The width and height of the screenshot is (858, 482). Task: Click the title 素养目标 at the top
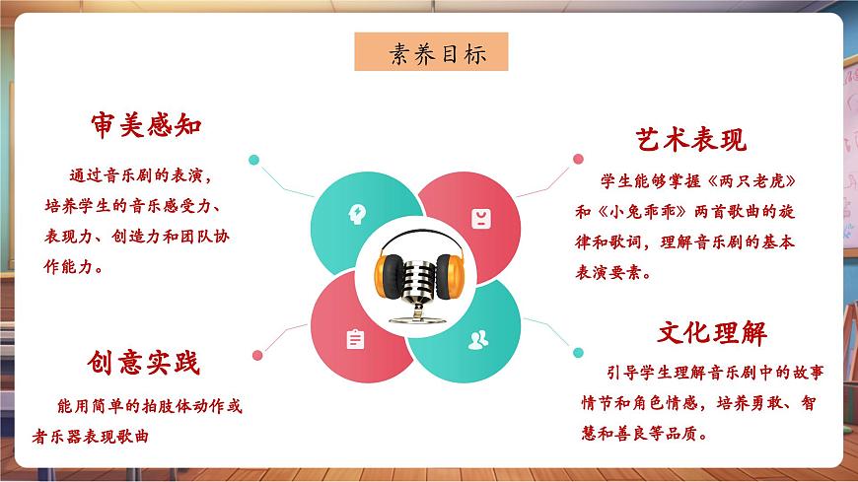tap(431, 53)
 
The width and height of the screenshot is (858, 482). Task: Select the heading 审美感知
tap(146, 126)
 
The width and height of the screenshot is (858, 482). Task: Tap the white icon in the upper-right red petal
tap(480, 218)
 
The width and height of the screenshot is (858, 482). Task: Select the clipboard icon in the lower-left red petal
tap(355, 339)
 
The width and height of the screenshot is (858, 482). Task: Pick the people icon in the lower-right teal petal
tap(478, 340)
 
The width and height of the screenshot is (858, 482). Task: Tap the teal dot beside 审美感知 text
tap(253, 159)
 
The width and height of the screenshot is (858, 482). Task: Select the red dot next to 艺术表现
tap(575, 157)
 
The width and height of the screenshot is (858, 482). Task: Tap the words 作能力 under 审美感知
tap(72, 268)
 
